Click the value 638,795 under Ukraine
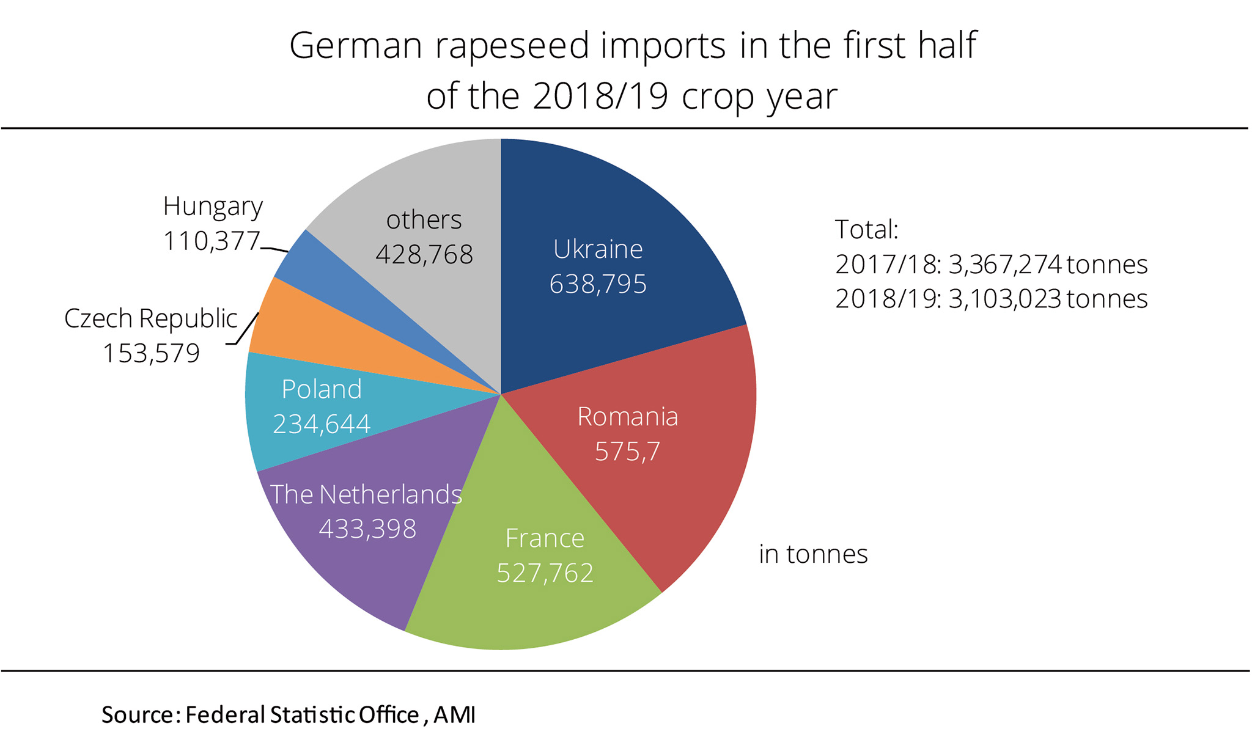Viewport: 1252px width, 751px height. [598, 284]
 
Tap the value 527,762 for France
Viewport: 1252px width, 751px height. [545, 573]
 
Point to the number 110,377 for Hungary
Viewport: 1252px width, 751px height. [212, 241]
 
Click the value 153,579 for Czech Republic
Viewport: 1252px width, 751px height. [151, 354]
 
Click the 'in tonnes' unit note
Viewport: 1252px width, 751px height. [813, 554]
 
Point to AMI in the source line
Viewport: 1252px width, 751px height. [454, 715]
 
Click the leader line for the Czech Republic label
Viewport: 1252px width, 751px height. [246, 330]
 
